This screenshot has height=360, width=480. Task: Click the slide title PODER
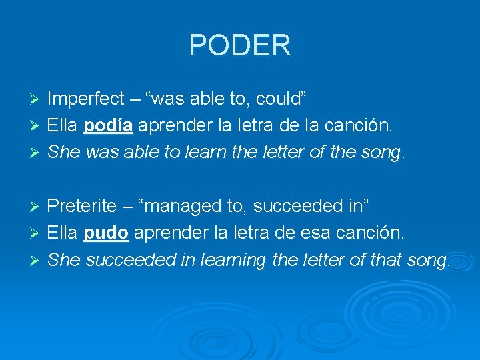coord(239,45)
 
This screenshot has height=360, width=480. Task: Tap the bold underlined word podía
coord(109,126)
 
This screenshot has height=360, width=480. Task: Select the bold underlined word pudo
coord(106,233)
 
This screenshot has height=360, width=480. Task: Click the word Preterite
coord(81,207)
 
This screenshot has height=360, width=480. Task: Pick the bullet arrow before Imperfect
coord(37,100)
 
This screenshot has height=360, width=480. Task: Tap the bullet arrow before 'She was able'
coord(37,153)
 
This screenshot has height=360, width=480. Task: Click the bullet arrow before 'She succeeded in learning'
coord(37,260)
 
